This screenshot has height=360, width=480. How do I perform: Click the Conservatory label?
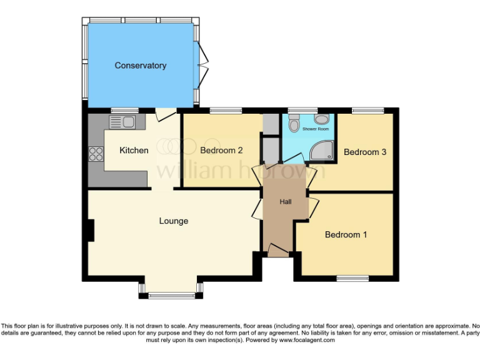[x=140, y=66]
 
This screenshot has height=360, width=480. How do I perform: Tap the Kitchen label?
[x=134, y=150]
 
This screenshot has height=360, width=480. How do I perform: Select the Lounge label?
[x=173, y=221]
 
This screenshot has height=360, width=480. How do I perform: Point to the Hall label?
[x=286, y=201]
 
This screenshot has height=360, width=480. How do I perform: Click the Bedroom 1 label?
[x=346, y=234]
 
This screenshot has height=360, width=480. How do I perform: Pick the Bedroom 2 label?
[x=221, y=150]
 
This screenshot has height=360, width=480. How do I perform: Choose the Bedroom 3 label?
[x=365, y=152]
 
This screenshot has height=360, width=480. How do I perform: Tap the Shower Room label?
[x=315, y=129]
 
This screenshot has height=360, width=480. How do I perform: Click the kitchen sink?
[x=122, y=121]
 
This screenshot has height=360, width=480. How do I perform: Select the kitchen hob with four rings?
[x=96, y=153]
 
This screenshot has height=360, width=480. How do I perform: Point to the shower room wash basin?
[x=321, y=119]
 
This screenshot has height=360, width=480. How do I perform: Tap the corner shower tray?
[x=323, y=149]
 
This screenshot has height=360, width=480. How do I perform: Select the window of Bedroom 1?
[x=349, y=277]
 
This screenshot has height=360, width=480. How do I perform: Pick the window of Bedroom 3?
[x=367, y=111]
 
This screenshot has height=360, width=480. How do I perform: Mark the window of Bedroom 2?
[x=225, y=111]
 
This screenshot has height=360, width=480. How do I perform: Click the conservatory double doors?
[x=202, y=65]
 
